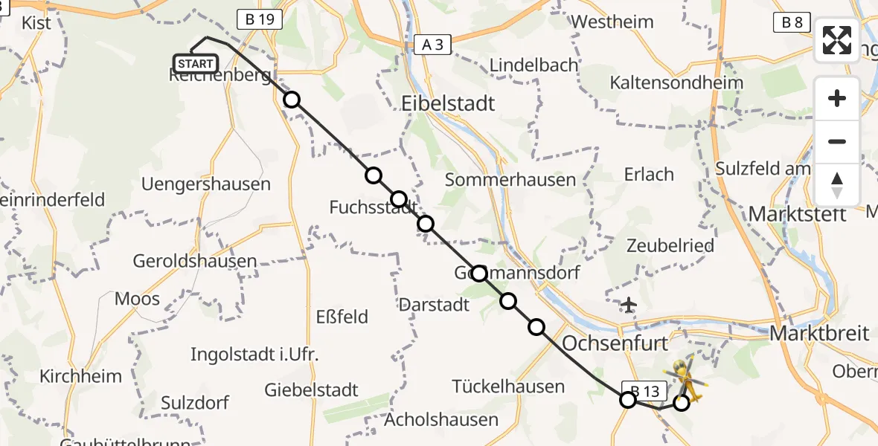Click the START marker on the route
pos(196,64)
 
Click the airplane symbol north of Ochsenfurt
pos(629,304)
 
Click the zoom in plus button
pos(837,98)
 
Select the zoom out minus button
pos(837,141)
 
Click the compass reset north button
pos(837,184)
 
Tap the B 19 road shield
pos(257,19)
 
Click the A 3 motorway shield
pos(432,45)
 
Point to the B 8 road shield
pos(792,22)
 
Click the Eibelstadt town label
pos(447,103)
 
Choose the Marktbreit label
pos(819,332)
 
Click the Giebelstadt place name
pos(312,390)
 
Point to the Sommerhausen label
pos(510,179)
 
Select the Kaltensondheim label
pos(676,83)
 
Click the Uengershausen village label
pos(205,184)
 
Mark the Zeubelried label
pos(670,245)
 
